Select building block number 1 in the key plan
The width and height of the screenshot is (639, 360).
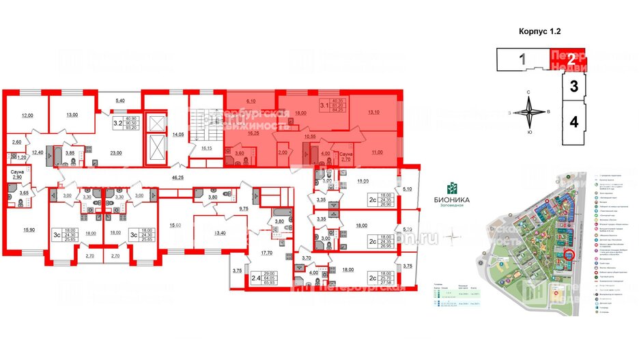522,59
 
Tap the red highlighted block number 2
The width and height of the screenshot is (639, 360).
571,59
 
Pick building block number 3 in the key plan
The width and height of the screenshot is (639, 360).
574,87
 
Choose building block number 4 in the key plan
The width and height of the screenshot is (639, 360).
574,123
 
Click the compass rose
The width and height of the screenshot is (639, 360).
530,112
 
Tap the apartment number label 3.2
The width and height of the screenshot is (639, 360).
117,124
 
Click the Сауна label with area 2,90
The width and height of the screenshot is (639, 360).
18,174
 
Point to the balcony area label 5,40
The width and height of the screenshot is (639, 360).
121,100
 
